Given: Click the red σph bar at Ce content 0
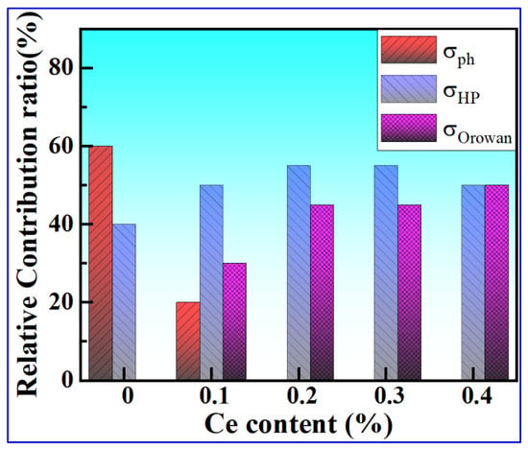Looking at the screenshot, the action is [x=101, y=263].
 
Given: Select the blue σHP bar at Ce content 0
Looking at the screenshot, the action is [x=124, y=302].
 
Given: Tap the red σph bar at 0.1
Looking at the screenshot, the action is [x=188, y=342].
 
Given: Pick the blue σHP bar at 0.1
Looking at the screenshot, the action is [x=211, y=283].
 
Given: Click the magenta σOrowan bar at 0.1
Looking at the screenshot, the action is [x=234, y=321].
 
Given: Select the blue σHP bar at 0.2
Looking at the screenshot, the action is [x=299, y=273].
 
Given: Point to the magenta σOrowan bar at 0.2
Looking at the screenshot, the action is [x=322, y=293].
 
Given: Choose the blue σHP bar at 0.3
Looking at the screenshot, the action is [x=386, y=273].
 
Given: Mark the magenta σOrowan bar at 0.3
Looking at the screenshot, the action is [x=409, y=293].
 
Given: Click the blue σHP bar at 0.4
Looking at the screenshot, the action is [x=473, y=283].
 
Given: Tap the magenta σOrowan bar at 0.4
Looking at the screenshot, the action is [x=496, y=283].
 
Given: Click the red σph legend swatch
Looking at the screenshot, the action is [x=409, y=50].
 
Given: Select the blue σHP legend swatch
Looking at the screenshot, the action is [x=409, y=89].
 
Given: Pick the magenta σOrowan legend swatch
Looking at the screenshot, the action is [x=409, y=128].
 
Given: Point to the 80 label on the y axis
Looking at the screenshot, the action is [x=61, y=68].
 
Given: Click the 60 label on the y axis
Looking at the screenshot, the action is [x=61, y=146].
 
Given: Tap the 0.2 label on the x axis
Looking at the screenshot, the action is [x=302, y=396].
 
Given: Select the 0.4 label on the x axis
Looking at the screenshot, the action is [x=477, y=396].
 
